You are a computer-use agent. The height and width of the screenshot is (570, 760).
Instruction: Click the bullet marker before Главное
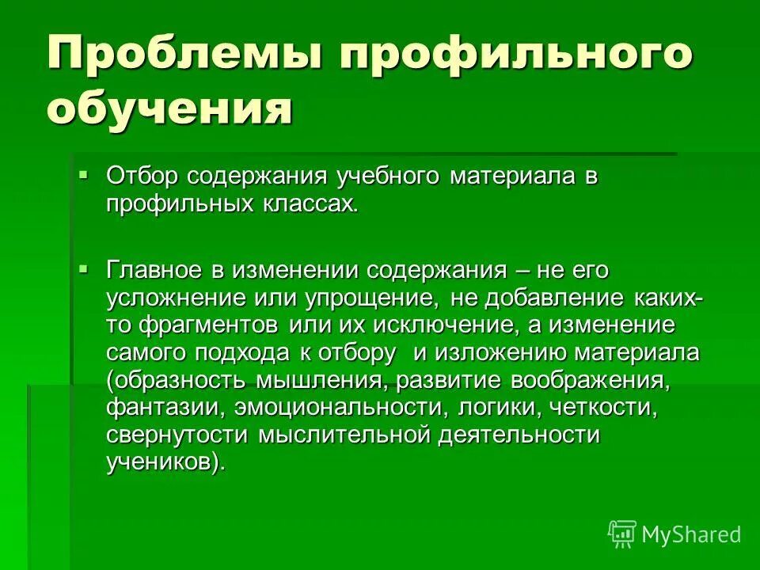(x=85, y=268)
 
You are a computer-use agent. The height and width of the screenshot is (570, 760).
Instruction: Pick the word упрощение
(x=374, y=299)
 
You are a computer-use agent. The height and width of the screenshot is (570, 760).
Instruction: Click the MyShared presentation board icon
(x=622, y=534)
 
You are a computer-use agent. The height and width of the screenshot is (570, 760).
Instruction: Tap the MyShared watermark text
(x=691, y=535)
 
